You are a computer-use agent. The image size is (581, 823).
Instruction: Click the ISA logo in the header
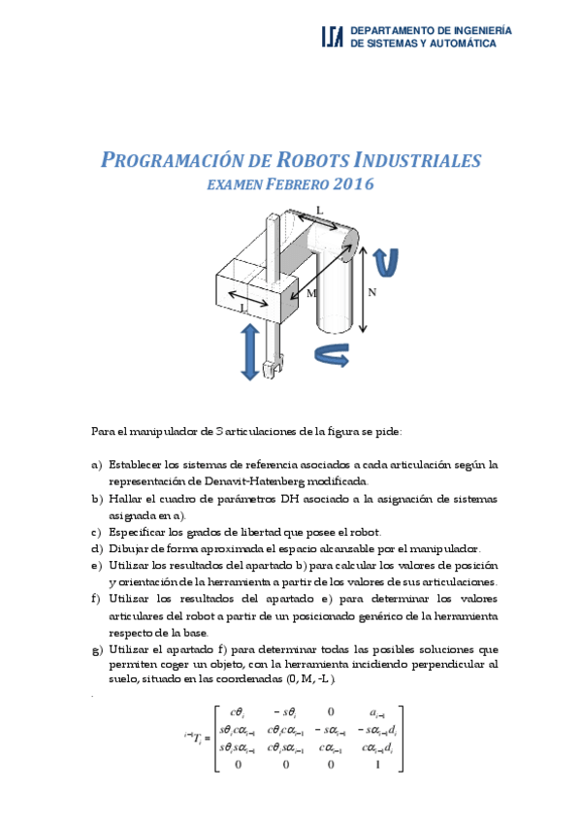[332, 37]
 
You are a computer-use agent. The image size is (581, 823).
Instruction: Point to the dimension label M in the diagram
[311, 292]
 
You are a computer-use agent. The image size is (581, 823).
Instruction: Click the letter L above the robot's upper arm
[320, 210]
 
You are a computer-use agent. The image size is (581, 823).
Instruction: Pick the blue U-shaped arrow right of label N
[386, 260]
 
